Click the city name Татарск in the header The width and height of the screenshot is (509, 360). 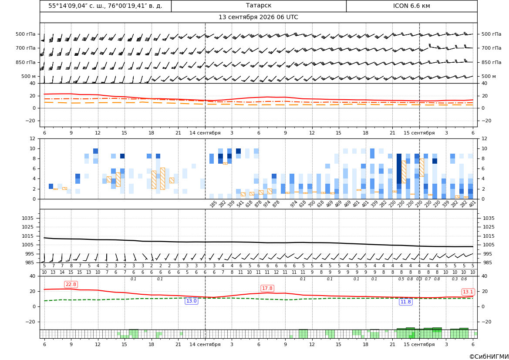point(258,6)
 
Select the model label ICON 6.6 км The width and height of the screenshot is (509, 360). point(411,6)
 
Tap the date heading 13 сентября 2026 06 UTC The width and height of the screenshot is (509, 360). point(258,17)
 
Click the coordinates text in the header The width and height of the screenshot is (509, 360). point(105,6)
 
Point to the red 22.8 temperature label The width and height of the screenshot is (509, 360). point(71,284)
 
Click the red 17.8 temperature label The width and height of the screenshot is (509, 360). point(267,288)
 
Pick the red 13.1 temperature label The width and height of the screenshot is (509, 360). point(468,292)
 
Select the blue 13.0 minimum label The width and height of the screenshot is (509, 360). point(191,301)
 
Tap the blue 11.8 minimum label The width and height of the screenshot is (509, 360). point(405,302)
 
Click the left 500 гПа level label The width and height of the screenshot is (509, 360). point(26,34)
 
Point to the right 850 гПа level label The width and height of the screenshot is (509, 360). point(492,62)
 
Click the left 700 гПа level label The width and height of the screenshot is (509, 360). point(26,48)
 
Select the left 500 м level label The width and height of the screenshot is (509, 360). point(29,76)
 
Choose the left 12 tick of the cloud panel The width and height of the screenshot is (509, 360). point(32,138)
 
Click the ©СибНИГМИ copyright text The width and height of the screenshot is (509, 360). point(489,357)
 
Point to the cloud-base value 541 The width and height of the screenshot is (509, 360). point(240,204)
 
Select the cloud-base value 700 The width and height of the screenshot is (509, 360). point(311,204)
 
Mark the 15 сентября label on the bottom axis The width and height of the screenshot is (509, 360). point(419,344)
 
